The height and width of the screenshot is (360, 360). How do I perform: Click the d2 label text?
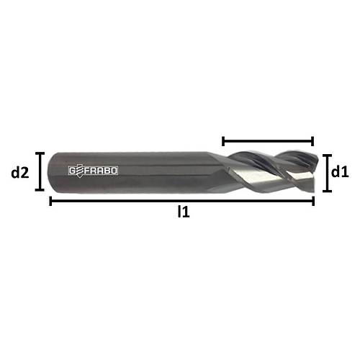tap(19, 172)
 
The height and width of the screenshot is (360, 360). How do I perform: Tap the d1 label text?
tap(340, 172)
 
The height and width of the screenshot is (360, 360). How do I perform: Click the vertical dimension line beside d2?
tap(40, 172)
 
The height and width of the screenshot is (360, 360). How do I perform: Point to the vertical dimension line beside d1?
tap(326, 173)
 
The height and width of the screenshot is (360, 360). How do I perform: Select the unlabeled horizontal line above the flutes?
tap(268, 141)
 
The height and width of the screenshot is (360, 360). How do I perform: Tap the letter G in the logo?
tap(73, 171)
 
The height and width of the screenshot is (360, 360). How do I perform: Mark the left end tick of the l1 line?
tap(50, 201)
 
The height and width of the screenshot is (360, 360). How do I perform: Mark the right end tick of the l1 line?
tap(313, 201)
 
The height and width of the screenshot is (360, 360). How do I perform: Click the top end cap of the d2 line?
tap(40, 153)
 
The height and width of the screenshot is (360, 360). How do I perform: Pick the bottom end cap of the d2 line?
tap(40, 192)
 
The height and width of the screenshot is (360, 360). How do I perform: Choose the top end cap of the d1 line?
tap(326, 154)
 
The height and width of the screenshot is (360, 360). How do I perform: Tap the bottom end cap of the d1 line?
tap(326, 192)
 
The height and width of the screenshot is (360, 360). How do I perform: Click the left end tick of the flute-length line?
tap(223, 141)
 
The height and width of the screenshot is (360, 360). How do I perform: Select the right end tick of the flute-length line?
tap(313, 141)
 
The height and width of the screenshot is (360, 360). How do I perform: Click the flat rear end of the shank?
tap(51, 171)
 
